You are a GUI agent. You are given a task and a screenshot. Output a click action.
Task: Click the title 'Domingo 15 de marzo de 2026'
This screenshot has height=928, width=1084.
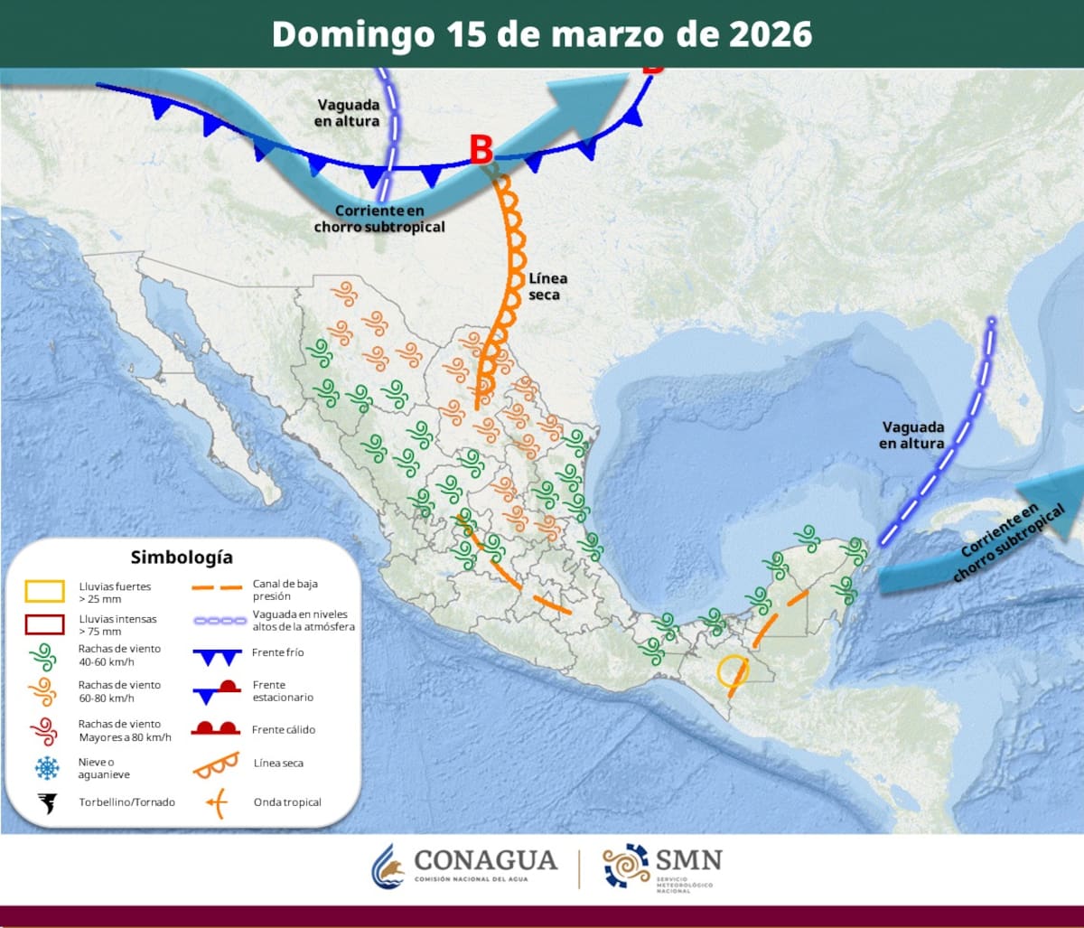point(542,33)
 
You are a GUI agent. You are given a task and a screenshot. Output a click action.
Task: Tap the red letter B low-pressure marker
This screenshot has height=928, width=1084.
point(481,150)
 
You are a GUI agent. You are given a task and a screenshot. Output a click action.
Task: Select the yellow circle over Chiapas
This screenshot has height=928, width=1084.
point(731,670)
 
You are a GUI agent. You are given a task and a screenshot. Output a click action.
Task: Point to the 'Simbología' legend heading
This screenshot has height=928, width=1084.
point(182,557)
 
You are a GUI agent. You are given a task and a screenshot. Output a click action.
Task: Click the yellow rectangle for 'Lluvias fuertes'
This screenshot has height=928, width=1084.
point(44,591)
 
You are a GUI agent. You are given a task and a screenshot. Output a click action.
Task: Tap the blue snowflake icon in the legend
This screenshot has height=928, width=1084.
point(45,768)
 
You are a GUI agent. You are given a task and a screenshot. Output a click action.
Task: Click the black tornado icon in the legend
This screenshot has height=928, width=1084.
point(45,801)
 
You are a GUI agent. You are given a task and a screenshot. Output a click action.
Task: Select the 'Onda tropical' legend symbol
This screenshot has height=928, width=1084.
point(216,801)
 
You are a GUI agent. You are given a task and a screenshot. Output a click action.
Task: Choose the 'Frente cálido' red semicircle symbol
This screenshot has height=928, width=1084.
point(216,728)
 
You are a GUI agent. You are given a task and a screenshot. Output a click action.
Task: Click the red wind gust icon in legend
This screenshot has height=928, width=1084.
point(43,729)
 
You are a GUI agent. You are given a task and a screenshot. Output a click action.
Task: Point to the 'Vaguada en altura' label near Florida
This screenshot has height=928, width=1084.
point(912,435)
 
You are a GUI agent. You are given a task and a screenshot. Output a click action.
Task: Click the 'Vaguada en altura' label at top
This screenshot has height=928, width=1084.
point(349,112)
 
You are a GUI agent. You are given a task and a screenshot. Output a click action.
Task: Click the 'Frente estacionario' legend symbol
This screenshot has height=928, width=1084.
point(216,690)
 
